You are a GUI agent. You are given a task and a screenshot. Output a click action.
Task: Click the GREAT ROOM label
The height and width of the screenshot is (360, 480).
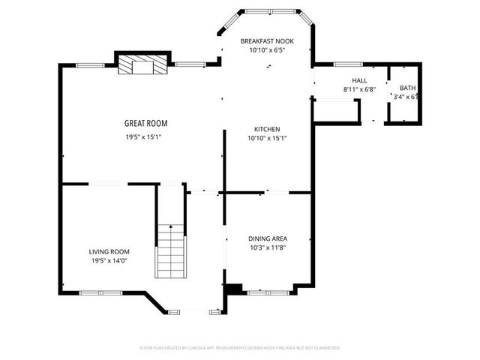click(x=145, y=123)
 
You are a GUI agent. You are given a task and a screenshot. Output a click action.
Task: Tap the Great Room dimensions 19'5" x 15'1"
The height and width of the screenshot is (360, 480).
click(x=144, y=137)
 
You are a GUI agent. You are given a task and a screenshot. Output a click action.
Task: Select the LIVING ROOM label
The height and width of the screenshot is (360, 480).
click(x=110, y=252)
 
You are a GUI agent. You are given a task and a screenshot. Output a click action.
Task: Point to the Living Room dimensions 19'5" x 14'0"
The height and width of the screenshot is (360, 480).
click(x=110, y=261)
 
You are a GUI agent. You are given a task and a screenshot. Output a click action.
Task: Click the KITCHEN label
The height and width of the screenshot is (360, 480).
click(x=267, y=128)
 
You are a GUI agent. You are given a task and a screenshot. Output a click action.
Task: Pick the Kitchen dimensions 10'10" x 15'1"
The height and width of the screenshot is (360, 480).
click(x=267, y=138)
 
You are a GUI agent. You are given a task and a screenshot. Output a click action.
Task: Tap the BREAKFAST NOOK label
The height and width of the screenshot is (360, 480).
click(x=267, y=40)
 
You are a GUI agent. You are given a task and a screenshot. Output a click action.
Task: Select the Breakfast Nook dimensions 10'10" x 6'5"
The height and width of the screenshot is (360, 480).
click(x=267, y=50)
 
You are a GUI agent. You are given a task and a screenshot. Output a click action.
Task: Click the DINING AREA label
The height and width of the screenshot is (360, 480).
click(x=268, y=238)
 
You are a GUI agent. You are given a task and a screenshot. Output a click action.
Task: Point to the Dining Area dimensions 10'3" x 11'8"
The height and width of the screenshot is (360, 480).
click(x=268, y=247)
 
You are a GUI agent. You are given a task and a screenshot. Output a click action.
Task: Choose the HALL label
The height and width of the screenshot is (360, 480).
click(x=359, y=80)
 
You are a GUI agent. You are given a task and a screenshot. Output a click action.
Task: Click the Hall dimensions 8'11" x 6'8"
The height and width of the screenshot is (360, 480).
click(x=359, y=90)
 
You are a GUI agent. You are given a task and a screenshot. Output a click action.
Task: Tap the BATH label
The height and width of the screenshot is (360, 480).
click(x=407, y=88)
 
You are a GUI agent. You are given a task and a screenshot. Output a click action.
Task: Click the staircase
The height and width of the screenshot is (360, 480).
click(x=170, y=251)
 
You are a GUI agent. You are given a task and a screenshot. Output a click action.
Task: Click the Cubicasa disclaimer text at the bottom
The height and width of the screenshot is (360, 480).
click(x=240, y=348)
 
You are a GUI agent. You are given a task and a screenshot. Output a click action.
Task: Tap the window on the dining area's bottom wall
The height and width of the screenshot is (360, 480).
click(x=262, y=292)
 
